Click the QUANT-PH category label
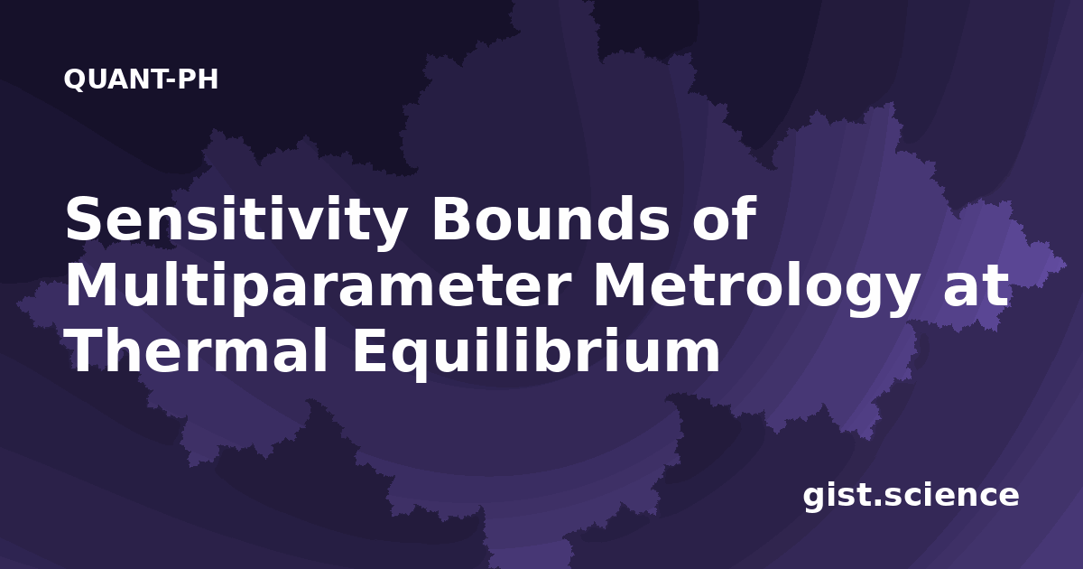click(141, 79)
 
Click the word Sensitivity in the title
click(235, 222)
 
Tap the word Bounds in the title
click(551, 218)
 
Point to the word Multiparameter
click(318, 288)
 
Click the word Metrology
click(755, 288)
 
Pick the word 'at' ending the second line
click(977, 287)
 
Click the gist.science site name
click(911, 497)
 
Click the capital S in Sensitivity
click(86, 218)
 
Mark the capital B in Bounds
click(453, 218)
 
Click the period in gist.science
click(876, 503)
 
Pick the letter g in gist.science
click(814, 499)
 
